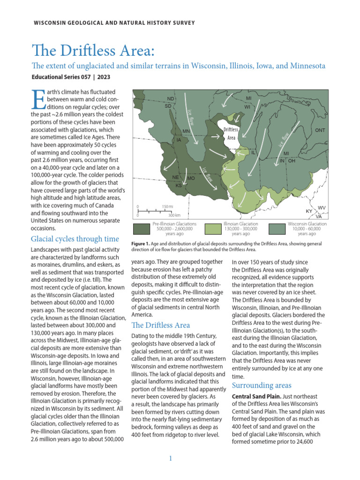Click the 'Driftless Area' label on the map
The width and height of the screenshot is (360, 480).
231,134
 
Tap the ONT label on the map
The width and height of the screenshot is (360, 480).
320,130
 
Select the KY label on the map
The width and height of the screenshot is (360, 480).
309,211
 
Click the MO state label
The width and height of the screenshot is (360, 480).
191,179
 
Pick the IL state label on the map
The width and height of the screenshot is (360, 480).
254,153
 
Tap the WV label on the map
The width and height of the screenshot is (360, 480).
322,207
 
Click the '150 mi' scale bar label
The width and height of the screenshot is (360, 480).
168,206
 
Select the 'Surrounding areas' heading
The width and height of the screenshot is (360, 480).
259,385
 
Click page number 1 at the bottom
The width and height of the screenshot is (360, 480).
171,458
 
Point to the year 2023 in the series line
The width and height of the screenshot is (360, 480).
102,76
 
